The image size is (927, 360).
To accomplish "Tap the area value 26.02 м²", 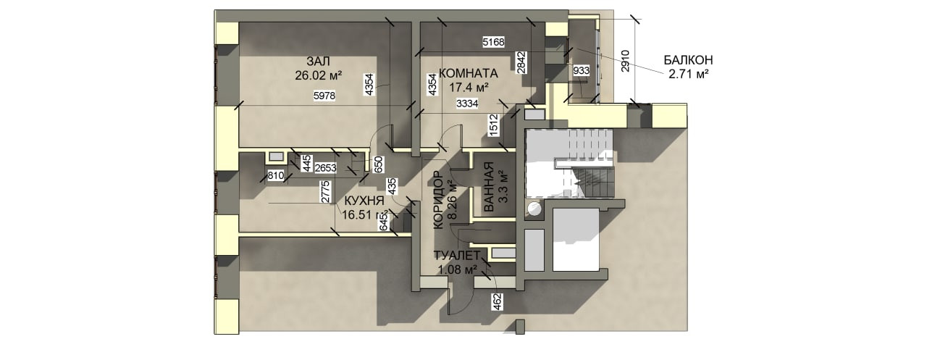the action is [x=318, y=74].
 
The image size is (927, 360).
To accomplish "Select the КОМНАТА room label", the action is [x=469, y=73].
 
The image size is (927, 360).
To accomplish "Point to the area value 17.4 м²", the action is [x=467, y=87].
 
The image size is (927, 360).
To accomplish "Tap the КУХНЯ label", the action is [x=364, y=201].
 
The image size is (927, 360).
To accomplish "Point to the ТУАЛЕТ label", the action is [x=456, y=256].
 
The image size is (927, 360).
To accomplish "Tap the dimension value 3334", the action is [x=467, y=104].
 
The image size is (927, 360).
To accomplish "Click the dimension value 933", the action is [x=581, y=70].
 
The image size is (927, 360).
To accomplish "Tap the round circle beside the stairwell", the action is [x=534, y=210].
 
